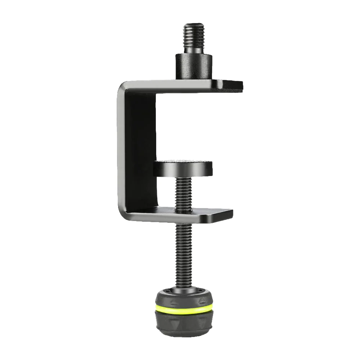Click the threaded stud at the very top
(x=194, y=36)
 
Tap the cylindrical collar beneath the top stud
(x=194, y=66)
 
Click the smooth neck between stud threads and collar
(x=194, y=51)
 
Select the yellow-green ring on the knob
(x=184, y=309)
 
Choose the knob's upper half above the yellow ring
(x=184, y=297)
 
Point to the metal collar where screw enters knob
(x=184, y=288)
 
